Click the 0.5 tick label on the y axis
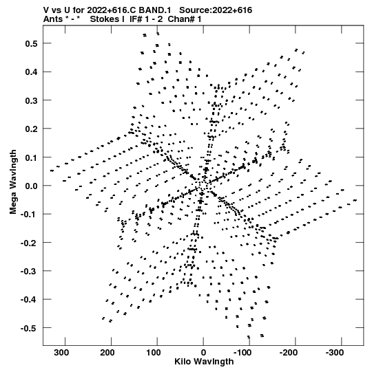click(x=31, y=43)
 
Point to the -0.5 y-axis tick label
click(x=29, y=329)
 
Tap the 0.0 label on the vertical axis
click(x=31, y=186)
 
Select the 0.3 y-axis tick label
click(x=31, y=100)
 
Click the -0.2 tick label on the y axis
click(x=29, y=243)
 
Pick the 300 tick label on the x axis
click(x=61, y=353)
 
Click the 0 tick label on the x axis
click(x=203, y=353)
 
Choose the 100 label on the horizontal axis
click(x=154, y=353)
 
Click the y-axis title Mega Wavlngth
click(x=13, y=182)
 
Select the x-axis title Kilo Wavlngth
click(x=204, y=362)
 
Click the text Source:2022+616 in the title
click(x=216, y=10)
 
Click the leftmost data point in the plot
click(x=52, y=171)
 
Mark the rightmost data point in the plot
click(x=355, y=201)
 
